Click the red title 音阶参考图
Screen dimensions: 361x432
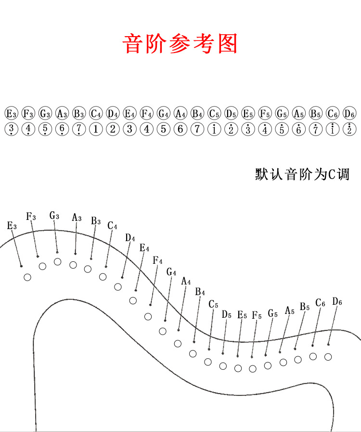(180, 44)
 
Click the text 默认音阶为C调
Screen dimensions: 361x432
(302, 174)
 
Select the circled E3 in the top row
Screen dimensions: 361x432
(11, 114)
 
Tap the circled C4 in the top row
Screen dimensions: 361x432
(96, 114)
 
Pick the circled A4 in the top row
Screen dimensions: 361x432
(180, 114)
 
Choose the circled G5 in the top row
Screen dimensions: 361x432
(282, 114)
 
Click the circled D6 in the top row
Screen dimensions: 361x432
(349, 114)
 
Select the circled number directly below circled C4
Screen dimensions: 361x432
(96, 129)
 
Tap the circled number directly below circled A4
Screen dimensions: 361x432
(180, 129)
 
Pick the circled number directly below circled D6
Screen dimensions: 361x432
(349, 129)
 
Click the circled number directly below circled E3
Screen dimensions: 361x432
(11, 129)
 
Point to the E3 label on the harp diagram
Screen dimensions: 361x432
(12, 226)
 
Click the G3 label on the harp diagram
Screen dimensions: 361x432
(54, 216)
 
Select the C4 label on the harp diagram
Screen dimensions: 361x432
(112, 226)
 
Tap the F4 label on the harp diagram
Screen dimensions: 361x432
(157, 261)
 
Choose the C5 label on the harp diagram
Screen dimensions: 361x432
(213, 305)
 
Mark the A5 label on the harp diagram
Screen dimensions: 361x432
(289, 310)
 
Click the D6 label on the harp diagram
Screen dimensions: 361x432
(337, 302)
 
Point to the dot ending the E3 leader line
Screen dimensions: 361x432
(21, 266)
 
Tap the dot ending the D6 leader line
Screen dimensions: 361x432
(328, 344)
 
